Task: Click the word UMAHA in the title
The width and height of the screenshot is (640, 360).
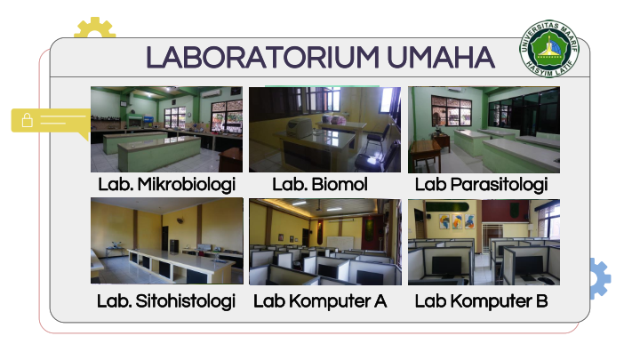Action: click(441, 57)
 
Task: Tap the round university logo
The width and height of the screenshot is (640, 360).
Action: click(549, 49)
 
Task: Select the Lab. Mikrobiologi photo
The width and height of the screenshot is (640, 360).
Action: click(166, 129)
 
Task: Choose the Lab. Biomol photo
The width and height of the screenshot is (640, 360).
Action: click(325, 129)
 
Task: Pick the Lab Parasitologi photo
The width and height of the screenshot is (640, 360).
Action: click(484, 130)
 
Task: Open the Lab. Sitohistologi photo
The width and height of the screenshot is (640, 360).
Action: click(166, 241)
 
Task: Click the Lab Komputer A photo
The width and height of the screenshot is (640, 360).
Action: click(325, 242)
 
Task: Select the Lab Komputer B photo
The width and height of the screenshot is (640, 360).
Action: click(484, 242)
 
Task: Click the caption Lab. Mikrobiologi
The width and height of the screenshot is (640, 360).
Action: click(166, 185)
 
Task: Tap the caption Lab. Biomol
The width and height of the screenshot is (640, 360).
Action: click(320, 184)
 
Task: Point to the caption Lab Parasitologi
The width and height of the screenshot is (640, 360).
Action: click(481, 185)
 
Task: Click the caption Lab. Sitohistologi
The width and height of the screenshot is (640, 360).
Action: click(166, 301)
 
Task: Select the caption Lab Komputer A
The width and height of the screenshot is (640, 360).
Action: click(320, 301)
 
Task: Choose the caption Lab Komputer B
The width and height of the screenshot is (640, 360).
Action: click(481, 301)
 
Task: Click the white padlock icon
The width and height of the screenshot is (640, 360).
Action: click(28, 120)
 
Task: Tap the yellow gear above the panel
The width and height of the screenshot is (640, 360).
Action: click(95, 28)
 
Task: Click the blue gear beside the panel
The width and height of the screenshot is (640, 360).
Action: click(600, 278)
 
